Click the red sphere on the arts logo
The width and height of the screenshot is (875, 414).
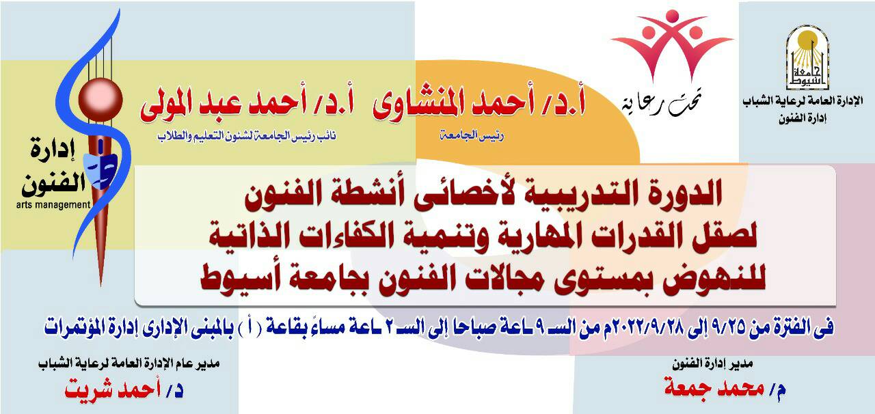click(x=100, y=98)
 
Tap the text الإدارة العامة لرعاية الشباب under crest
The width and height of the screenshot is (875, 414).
click(x=803, y=102)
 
